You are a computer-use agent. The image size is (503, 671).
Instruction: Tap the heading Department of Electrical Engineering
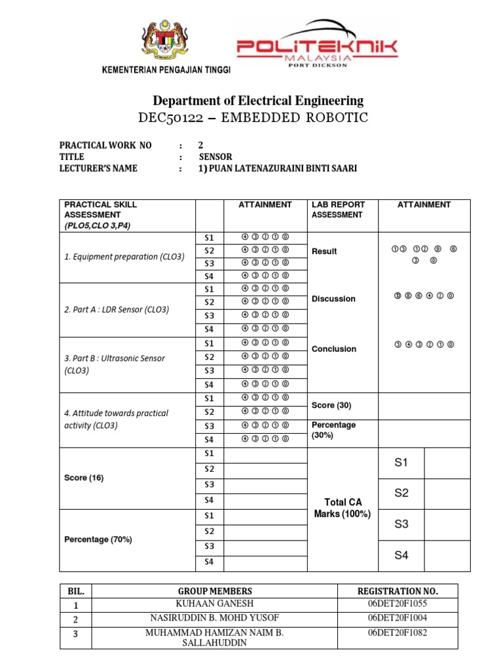258,101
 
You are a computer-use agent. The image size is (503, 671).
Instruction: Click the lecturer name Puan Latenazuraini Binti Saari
278,168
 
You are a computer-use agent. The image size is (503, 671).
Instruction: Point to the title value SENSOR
215,157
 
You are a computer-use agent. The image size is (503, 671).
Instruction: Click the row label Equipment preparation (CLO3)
124,257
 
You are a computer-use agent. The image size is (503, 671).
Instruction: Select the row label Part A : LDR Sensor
117,309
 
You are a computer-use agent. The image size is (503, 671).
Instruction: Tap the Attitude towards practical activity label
116,419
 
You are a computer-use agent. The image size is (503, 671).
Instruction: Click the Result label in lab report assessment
324,252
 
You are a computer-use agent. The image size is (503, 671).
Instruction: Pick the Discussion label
333,299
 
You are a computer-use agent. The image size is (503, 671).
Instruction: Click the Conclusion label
334,349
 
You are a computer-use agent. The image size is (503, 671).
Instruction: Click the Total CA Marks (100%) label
343,508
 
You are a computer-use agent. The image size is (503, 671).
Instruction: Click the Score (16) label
84,478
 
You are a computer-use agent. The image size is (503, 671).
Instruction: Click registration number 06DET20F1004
398,618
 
